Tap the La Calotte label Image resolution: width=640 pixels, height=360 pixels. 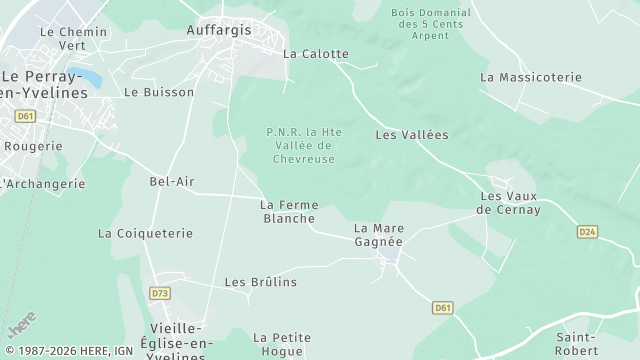tap(316, 54)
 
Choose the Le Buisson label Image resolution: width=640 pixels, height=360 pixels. tap(145, 92)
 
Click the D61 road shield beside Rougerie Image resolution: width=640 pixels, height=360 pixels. tap(24, 116)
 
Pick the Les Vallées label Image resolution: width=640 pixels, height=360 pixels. tap(411, 134)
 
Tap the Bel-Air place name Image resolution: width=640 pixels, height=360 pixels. tap(171, 182)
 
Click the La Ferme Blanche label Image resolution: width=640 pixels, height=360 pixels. tap(288, 211)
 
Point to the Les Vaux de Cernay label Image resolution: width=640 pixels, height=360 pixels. tap(509, 203)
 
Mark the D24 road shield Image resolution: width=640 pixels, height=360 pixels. tap(587, 232)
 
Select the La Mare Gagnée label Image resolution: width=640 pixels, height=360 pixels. tap(379, 235)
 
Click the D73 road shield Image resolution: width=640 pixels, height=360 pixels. tap(159, 293)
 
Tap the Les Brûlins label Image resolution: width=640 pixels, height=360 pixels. tap(261, 282)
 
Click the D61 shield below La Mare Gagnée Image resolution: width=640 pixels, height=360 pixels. tap(443, 308)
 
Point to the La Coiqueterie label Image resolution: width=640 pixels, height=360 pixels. tap(145, 233)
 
